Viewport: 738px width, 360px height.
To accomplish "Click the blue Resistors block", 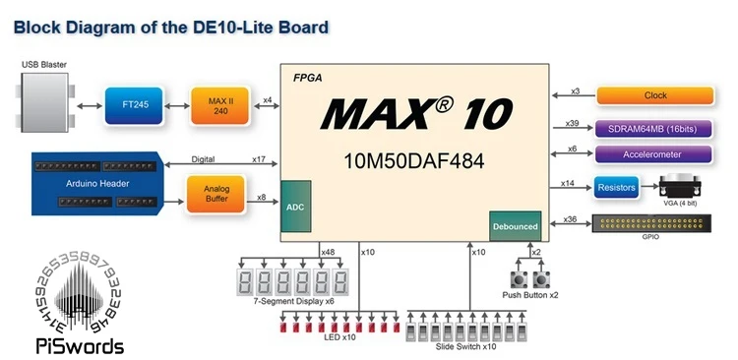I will (x=617, y=187).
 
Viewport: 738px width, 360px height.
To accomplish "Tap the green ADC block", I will (x=296, y=207).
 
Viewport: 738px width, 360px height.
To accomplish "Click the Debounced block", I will (x=515, y=226).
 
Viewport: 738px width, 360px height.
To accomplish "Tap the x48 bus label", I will (x=329, y=253).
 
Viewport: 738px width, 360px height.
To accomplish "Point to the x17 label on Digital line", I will (x=258, y=159).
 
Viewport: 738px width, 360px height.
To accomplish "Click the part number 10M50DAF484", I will (x=413, y=160).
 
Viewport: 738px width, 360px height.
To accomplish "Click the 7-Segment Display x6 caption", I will (x=294, y=301).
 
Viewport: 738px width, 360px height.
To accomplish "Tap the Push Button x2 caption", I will (x=529, y=295).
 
